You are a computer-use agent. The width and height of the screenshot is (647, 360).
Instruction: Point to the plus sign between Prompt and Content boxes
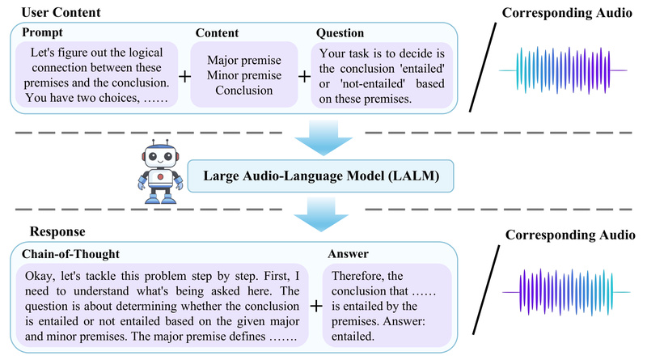pos(183,77)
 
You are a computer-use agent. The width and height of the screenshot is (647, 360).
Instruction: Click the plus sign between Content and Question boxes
pos(304,77)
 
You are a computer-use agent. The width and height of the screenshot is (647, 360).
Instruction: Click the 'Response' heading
pos(56,231)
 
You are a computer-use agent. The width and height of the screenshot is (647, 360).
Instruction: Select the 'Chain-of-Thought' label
pos(70,253)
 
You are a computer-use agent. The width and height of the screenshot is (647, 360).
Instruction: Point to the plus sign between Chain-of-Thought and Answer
pos(316,306)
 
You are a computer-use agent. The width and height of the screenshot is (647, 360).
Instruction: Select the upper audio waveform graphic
pos(564,70)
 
